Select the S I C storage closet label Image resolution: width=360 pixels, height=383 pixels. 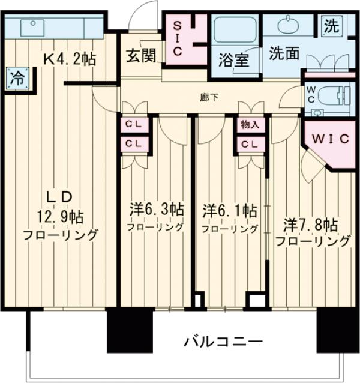pyautogui.click(x=178, y=38)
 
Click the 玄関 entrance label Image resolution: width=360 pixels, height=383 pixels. pyautogui.click(x=141, y=56)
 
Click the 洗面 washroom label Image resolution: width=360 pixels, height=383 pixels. pyautogui.click(x=283, y=53)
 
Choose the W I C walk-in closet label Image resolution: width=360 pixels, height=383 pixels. pyautogui.click(x=330, y=139)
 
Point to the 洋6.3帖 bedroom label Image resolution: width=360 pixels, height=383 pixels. pyautogui.click(x=157, y=210)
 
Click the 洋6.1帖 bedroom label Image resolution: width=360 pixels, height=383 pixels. pyautogui.click(x=230, y=211)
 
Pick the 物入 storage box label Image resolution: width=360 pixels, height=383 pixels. pyautogui.click(x=249, y=125)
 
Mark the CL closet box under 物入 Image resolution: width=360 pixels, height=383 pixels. pyautogui.click(x=249, y=144)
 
